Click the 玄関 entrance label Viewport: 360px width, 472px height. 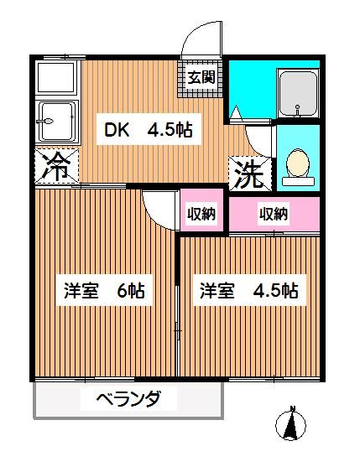[200, 78]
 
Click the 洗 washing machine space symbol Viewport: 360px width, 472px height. [250, 174]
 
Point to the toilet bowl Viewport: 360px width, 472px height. [297, 163]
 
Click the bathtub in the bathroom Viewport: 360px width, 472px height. [298, 94]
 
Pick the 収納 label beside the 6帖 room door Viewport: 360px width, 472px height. [201, 214]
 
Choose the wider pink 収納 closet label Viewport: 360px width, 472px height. [274, 214]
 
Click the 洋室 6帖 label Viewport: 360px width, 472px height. [105, 292]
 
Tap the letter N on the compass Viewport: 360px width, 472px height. [293, 410]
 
